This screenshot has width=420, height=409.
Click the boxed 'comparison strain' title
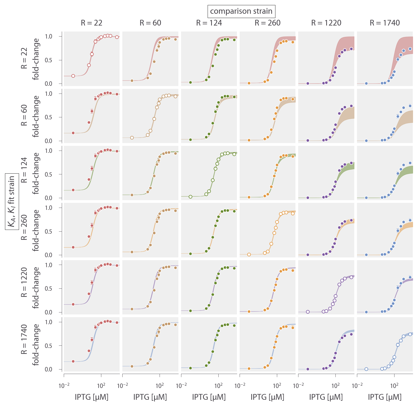tap(241, 11)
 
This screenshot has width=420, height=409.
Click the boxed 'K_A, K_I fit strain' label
tap(12, 202)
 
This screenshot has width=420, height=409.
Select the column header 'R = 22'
tap(92, 23)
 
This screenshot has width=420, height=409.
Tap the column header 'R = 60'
tap(150, 23)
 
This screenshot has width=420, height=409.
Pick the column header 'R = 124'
tap(209, 23)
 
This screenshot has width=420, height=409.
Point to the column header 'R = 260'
tap(268, 23)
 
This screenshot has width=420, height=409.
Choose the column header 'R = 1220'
tap(326, 23)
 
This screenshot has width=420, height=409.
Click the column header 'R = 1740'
tap(385, 23)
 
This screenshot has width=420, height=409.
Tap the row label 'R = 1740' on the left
tap(24, 344)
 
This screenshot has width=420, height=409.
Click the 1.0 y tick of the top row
tap(49, 37)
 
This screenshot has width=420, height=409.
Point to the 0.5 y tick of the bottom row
tap(49, 346)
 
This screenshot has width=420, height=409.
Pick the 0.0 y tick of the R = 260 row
tap(49, 255)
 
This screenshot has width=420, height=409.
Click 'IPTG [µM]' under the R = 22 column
tap(92, 397)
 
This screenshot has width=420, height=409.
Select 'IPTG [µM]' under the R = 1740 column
tap(385, 397)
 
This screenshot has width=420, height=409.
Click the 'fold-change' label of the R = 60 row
tap(36, 116)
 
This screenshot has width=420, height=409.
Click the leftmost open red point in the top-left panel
tap(73, 76)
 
